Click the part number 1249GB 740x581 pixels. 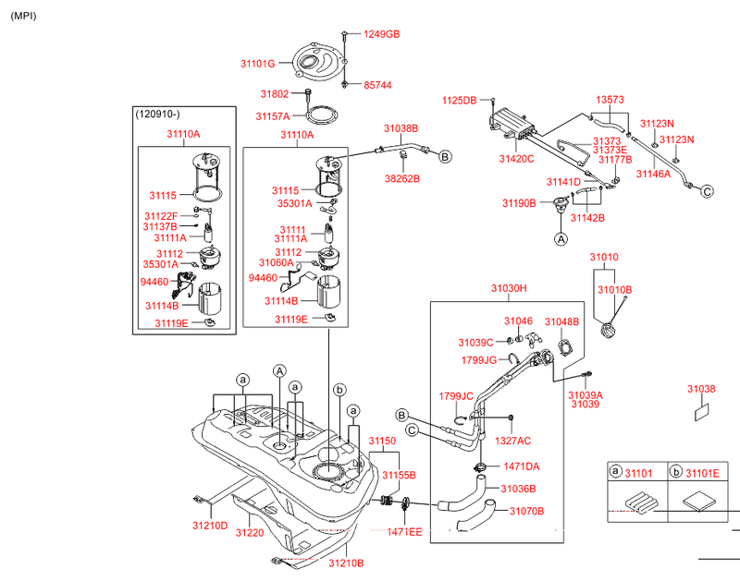point(381,34)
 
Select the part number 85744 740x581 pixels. point(376,84)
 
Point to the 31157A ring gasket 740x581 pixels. point(320,117)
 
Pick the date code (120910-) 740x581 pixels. point(158,114)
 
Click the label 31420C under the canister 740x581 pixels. point(517,159)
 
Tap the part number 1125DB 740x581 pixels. point(459,100)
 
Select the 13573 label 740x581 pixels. point(610,99)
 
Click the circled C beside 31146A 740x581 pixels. point(706,191)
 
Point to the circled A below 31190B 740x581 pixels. point(561,238)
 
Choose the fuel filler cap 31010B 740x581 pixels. point(609,331)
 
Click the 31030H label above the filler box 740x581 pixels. point(508,288)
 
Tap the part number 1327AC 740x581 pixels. point(513,442)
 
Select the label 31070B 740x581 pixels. point(526,511)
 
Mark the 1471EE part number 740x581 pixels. point(404,532)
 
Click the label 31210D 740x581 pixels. point(210,526)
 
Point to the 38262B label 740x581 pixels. point(402,178)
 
